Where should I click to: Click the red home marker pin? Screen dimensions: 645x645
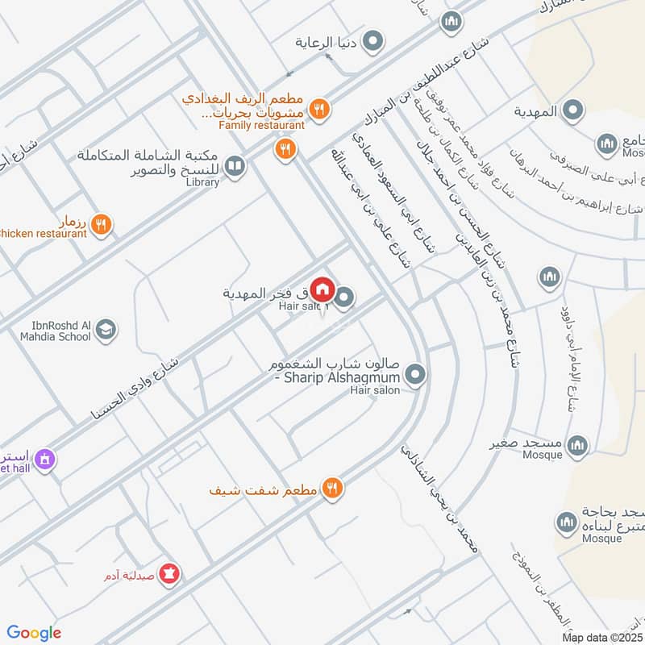coord(322,289)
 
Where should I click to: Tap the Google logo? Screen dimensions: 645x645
coord(34,633)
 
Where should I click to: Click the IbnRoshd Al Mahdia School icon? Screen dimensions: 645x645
coord(106,329)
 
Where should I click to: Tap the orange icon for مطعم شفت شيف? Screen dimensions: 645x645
coord(331,488)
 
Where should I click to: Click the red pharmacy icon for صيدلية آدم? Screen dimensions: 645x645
coord(170,574)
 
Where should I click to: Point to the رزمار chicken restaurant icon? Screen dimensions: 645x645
coord(101,225)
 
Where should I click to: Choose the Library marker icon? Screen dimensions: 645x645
coord(235,167)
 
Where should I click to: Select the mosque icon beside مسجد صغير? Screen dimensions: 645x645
coord(577,444)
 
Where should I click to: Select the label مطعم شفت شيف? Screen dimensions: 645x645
coord(263,489)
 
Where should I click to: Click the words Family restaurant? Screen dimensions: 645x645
coord(261,125)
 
